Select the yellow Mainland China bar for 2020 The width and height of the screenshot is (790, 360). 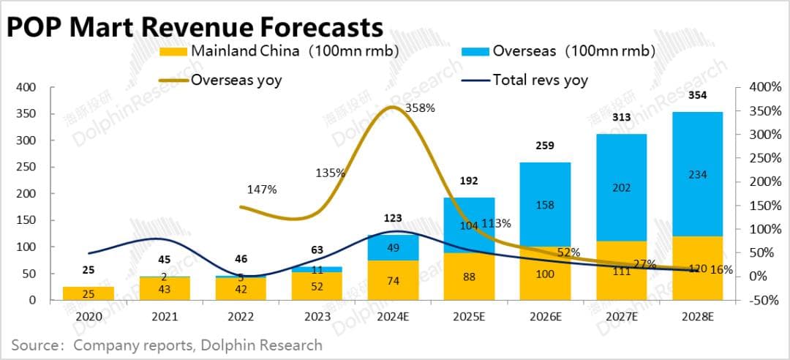coord(88,293)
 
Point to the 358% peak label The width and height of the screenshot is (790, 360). coord(420,108)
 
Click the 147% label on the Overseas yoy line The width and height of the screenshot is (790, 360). coord(262,190)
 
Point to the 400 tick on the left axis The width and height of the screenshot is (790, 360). coord(27,87)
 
